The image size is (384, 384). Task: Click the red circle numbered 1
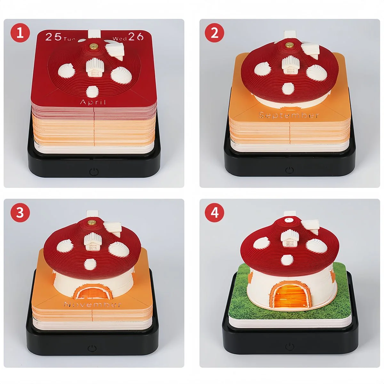pos(20,33)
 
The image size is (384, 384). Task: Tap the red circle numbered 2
pos(215,33)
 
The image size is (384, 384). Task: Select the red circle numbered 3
pos(20,212)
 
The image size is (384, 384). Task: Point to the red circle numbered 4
pos(215,212)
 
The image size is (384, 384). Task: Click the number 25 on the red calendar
pos(53,37)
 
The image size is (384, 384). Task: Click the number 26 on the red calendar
pos(136,37)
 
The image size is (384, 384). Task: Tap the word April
pos(93,102)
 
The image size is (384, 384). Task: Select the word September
pos(289,115)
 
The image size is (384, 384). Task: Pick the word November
pos(93,304)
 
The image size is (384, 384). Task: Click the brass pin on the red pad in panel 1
pos(94,47)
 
